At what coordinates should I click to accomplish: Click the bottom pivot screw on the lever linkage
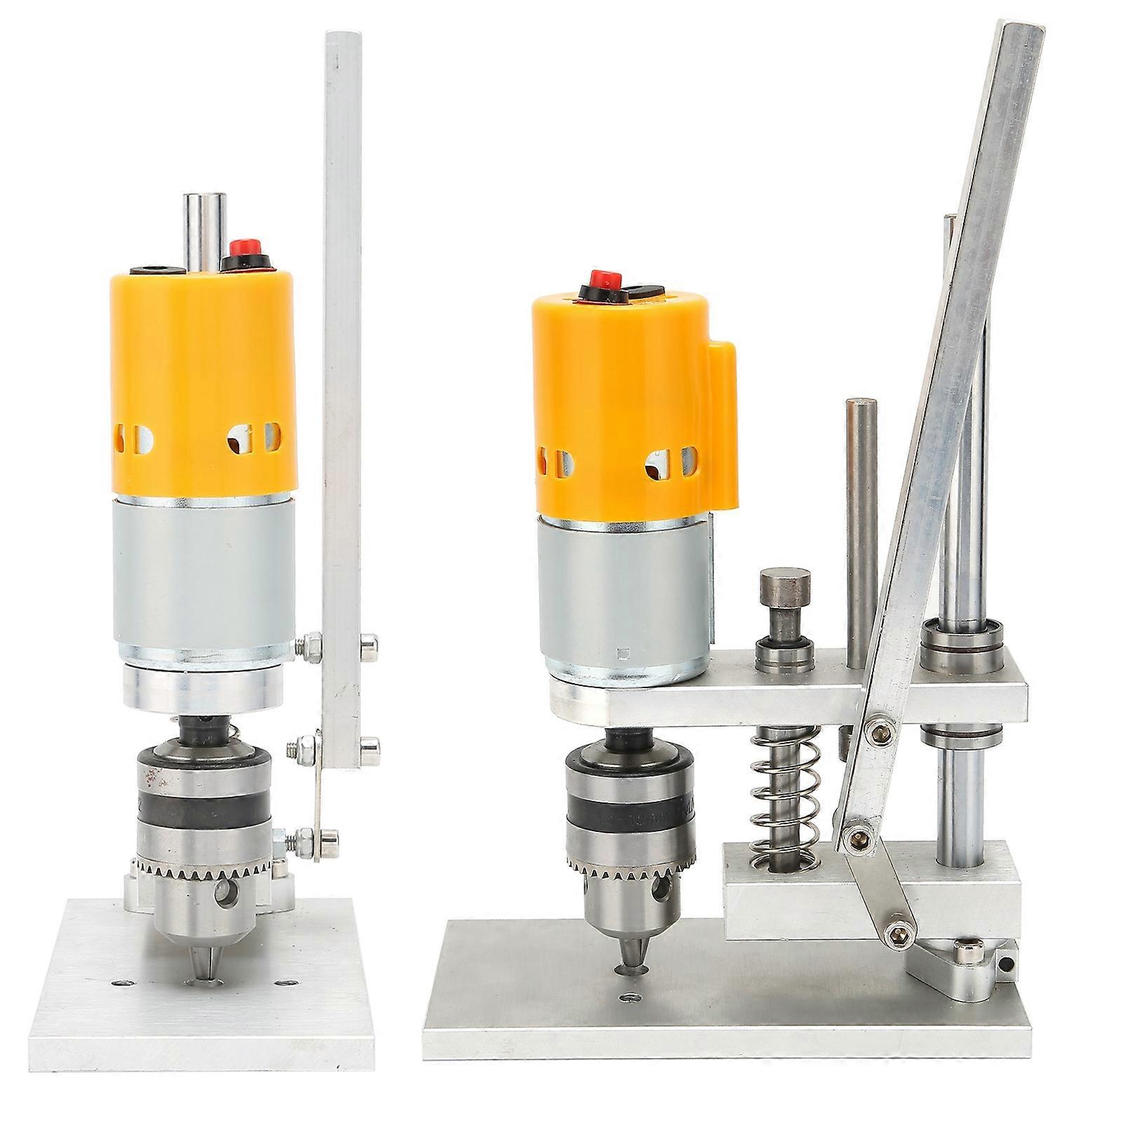coord(897,930)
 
